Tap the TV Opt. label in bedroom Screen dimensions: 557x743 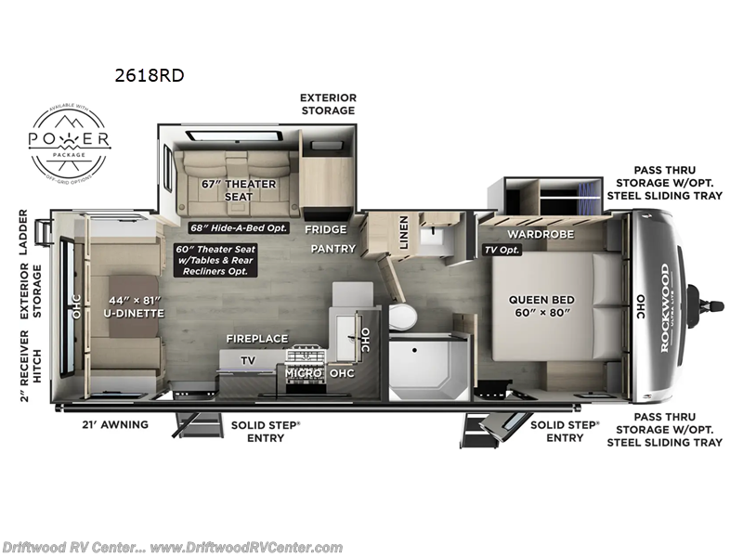(x=502, y=250)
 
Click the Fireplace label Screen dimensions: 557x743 (x=256, y=339)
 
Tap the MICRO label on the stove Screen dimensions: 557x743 (x=303, y=373)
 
